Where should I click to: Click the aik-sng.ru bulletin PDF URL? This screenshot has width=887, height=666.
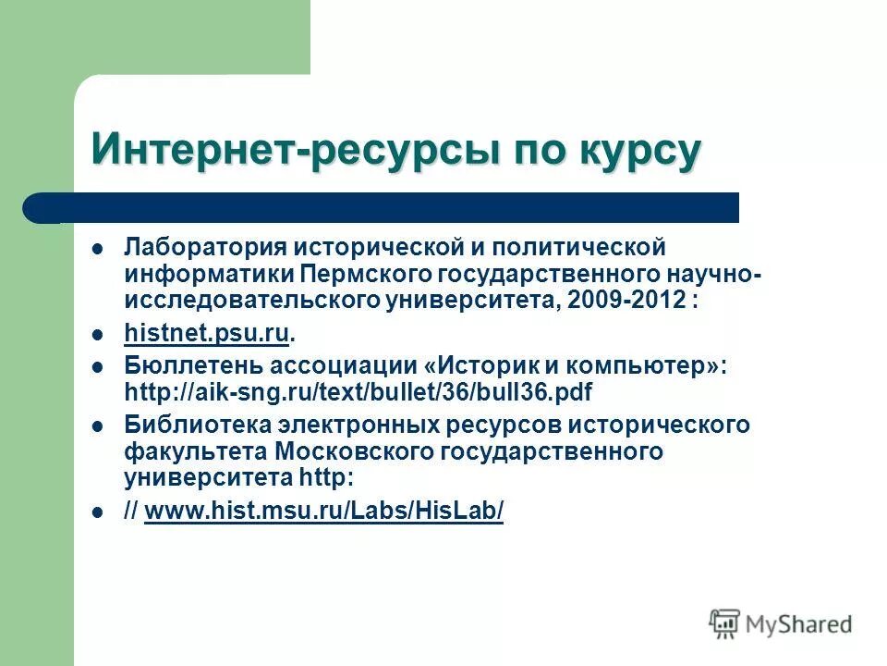pos(358,391)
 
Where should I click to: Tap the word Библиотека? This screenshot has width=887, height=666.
pos(188,425)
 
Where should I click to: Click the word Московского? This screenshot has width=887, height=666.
pos(350,451)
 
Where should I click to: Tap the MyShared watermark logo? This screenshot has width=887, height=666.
pos(781,624)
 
